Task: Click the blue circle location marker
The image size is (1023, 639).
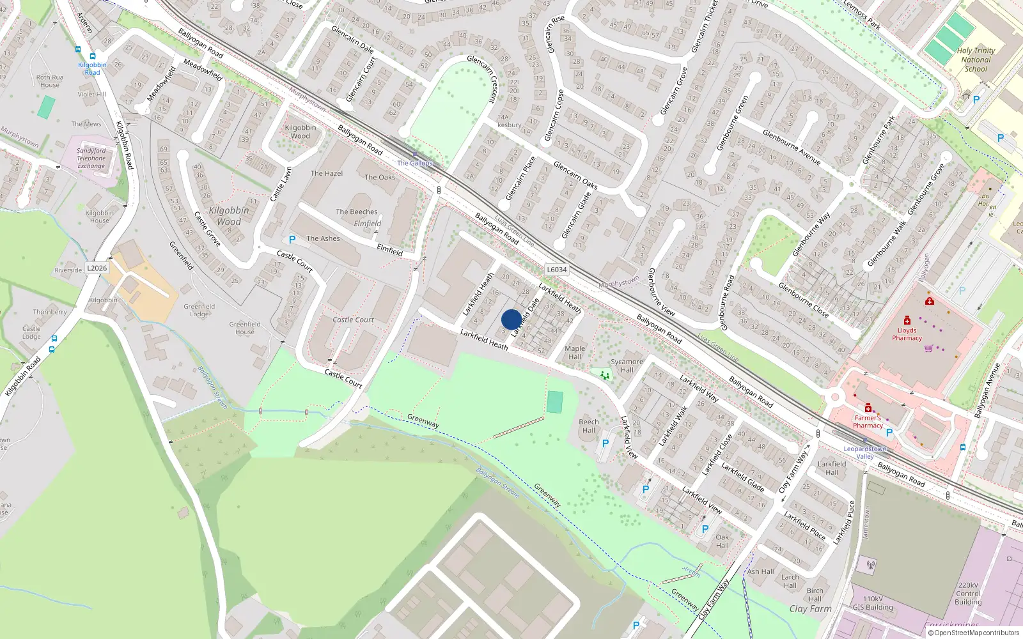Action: click(x=511, y=319)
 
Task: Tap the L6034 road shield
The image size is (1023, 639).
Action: click(x=556, y=270)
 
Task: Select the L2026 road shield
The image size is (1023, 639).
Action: click(x=97, y=268)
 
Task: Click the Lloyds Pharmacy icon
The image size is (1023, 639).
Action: click(x=907, y=320)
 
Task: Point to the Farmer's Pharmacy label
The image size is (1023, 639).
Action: click(x=868, y=422)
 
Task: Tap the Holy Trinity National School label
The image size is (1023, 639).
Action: click(x=976, y=59)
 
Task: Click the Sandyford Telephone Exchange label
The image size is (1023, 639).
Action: click(x=91, y=158)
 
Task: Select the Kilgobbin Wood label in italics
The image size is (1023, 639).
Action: click(x=229, y=216)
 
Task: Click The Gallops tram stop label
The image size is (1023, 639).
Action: click(x=415, y=163)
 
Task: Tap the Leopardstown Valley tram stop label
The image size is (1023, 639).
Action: click(x=864, y=452)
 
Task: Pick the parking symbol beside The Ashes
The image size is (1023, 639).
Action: click(x=292, y=240)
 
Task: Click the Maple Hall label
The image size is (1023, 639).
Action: click(x=575, y=353)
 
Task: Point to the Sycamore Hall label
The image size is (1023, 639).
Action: click(x=627, y=366)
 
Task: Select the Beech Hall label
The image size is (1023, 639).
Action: click(x=589, y=426)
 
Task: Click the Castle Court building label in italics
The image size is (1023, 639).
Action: click(x=353, y=319)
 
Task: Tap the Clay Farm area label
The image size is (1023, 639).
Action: click(x=810, y=609)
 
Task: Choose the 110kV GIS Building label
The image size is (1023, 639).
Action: click(x=873, y=603)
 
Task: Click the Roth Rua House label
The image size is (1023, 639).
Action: click(x=49, y=81)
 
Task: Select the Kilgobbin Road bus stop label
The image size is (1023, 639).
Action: click(x=92, y=68)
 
